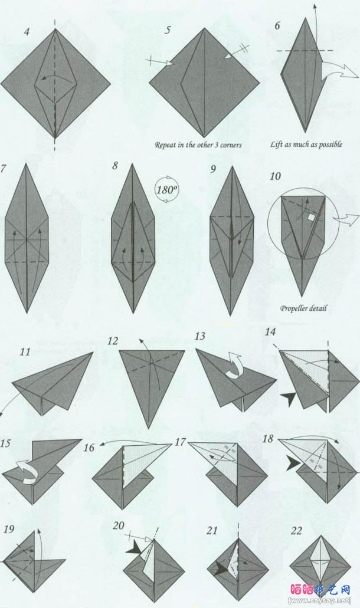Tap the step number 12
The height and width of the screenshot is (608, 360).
[113, 341]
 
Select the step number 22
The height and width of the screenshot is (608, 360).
[297, 530]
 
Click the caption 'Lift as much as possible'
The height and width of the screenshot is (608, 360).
[306, 144]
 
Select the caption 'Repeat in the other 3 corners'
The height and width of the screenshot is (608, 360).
[198, 144]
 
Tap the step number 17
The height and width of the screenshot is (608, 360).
[181, 441]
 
